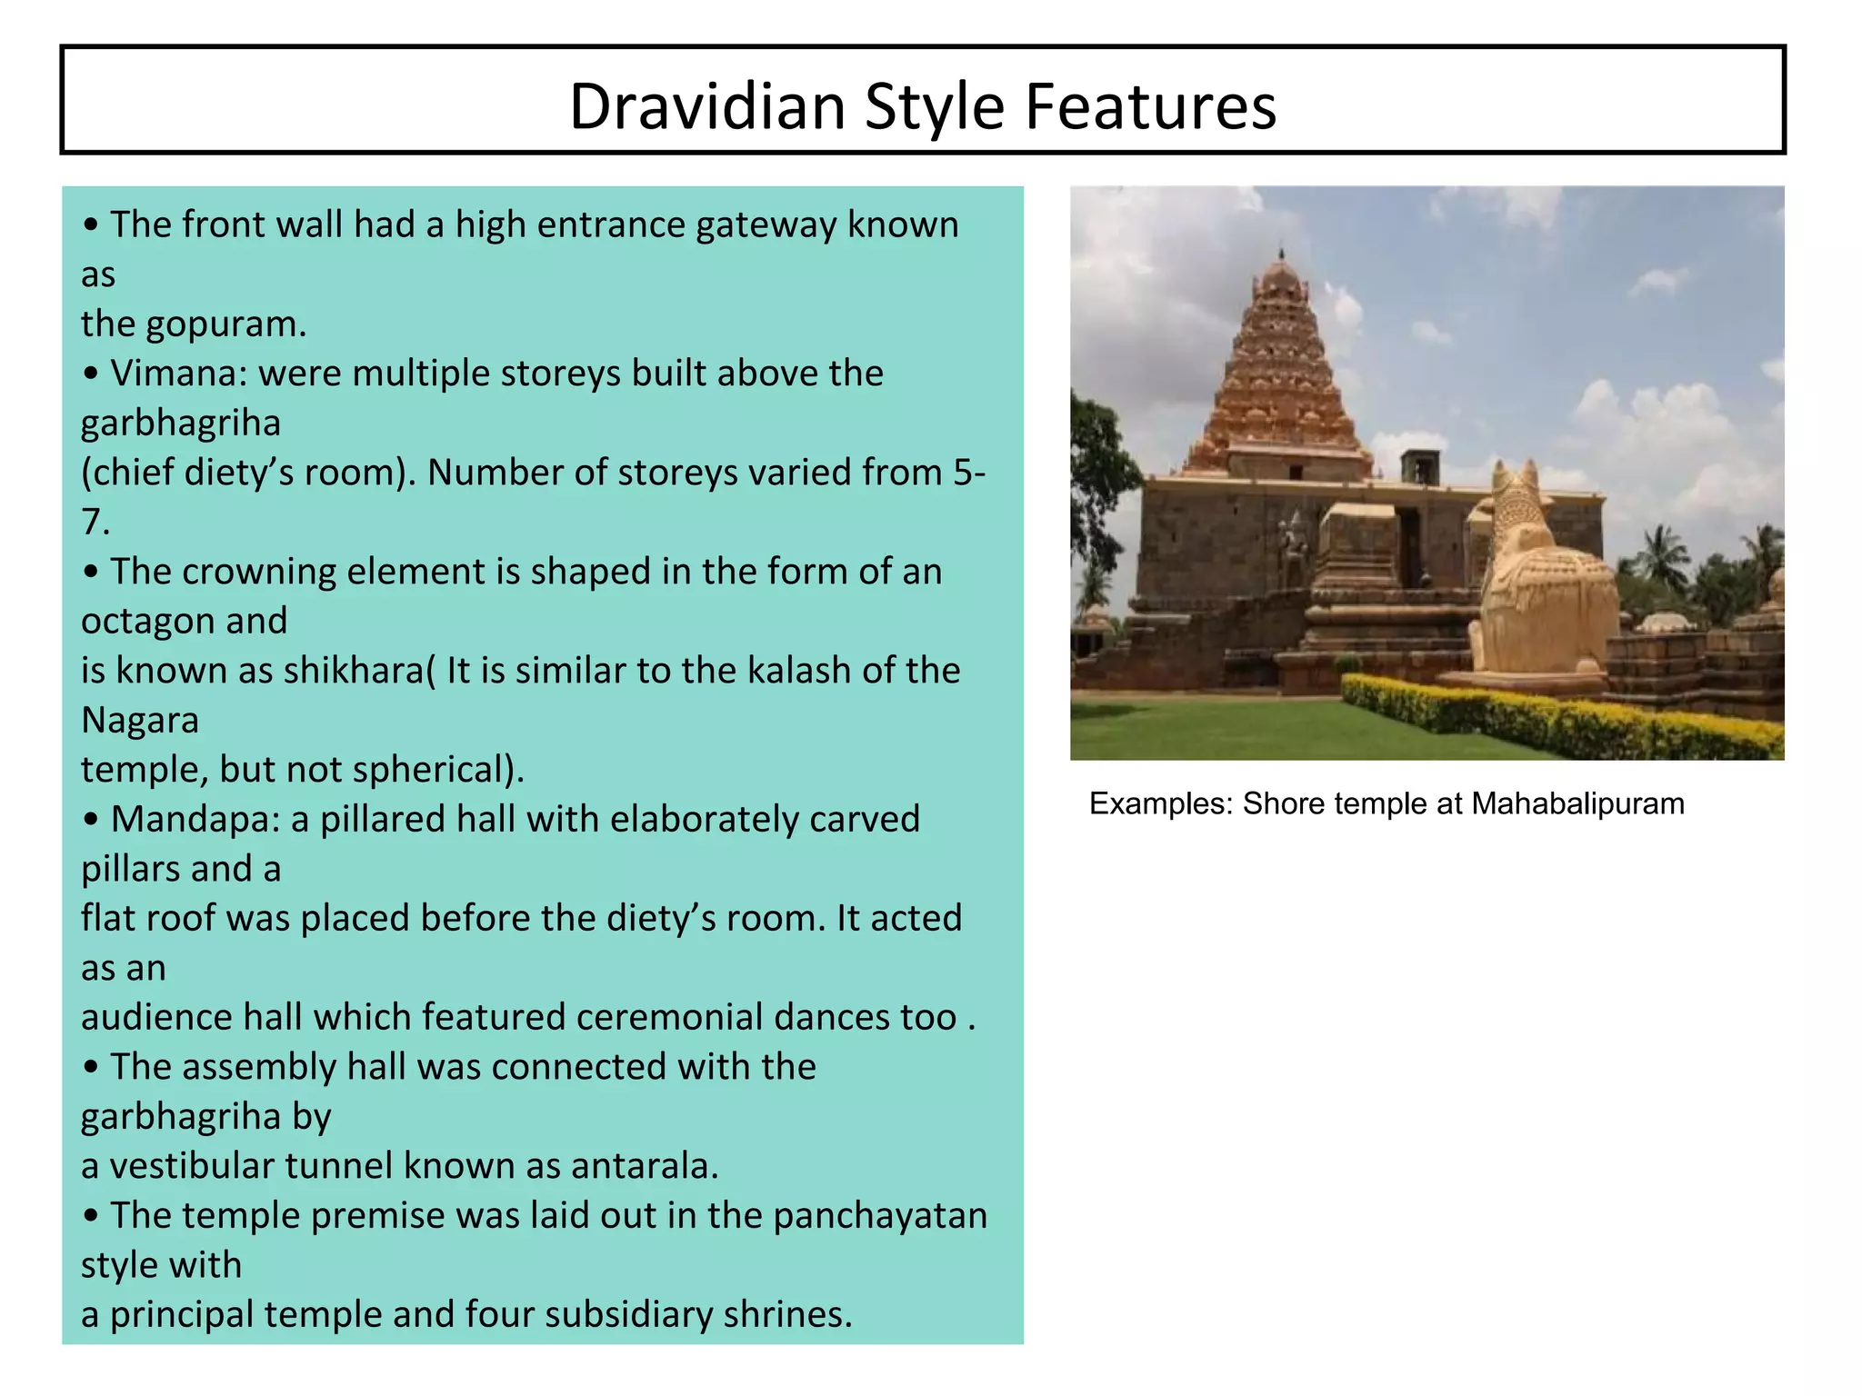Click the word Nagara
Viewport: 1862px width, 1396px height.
click(x=140, y=721)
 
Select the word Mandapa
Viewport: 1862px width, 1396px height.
click(x=195, y=820)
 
